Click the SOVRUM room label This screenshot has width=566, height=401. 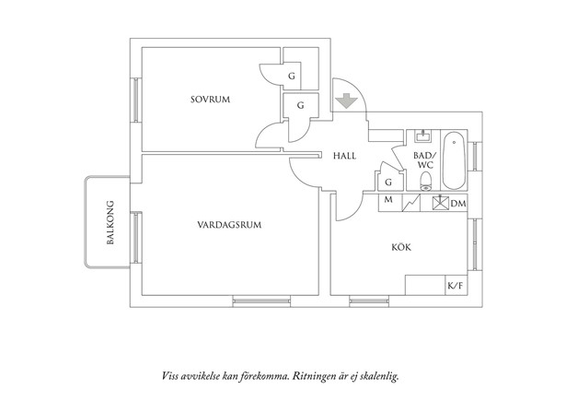click(210, 99)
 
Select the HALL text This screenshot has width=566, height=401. click(344, 157)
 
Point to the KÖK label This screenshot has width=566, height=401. click(401, 247)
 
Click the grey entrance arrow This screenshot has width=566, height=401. click(344, 99)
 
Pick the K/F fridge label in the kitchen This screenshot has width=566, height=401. click(455, 288)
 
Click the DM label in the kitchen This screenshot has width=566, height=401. click(457, 202)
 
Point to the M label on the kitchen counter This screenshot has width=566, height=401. click(387, 201)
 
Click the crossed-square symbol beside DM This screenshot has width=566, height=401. click(441, 202)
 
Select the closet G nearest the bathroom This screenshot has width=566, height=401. click(388, 182)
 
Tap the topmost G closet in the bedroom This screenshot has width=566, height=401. click(291, 76)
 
